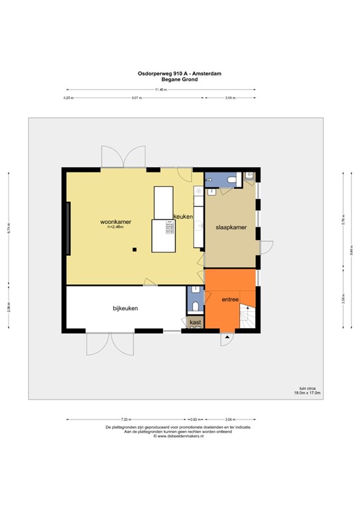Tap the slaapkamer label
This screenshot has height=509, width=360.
pyautogui.click(x=231, y=227)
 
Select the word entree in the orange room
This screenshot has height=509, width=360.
pyautogui.click(x=230, y=300)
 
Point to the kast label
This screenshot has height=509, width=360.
pyautogui.click(x=196, y=322)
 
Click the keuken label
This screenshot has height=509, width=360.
pyautogui.click(x=183, y=217)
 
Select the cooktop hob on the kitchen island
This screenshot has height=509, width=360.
pyautogui.click(x=169, y=229)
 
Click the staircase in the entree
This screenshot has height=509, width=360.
pyautogui.click(x=247, y=317)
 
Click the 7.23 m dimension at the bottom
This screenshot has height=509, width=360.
pyautogui.click(x=126, y=420)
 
